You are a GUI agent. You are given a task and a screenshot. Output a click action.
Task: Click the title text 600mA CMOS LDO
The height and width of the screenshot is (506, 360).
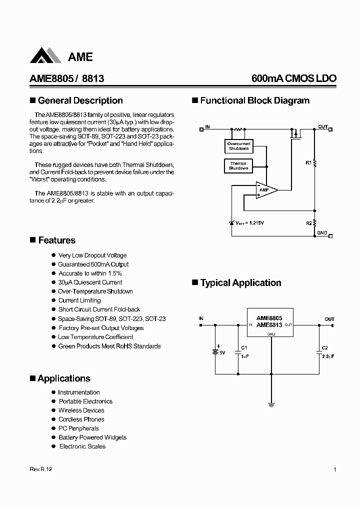[294, 78]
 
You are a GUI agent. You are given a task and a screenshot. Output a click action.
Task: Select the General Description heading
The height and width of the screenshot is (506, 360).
[80, 100]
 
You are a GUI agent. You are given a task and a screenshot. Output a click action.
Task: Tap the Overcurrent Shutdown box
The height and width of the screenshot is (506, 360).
[238, 146]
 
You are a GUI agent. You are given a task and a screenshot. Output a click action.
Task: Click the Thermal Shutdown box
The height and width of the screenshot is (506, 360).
[238, 166]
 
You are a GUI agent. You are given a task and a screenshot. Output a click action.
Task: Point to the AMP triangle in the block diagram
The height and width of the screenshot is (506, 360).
[265, 190]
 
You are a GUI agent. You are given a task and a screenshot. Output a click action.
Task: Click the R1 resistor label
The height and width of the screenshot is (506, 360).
[308, 162]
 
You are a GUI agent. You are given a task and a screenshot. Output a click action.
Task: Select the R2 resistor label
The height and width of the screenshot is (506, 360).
[308, 223]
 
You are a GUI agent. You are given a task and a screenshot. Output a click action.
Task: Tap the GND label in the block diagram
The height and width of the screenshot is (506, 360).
[322, 232]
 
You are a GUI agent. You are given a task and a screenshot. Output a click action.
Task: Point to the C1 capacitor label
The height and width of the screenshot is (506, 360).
[243, 347]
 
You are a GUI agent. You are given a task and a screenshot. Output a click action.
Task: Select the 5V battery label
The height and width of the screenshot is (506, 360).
[222, 353]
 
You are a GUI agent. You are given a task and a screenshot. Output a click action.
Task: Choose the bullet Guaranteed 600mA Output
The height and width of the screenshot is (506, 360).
[93, 264]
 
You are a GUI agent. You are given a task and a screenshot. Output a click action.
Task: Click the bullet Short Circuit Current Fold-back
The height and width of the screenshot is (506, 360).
[99, 309]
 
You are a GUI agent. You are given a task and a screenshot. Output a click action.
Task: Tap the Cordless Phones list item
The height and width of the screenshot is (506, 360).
[81, 419]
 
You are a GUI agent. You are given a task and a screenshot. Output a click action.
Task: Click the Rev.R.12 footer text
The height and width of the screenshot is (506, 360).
[41, 470]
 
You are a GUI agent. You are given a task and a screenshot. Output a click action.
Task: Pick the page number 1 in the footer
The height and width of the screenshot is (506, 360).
[334, 470]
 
